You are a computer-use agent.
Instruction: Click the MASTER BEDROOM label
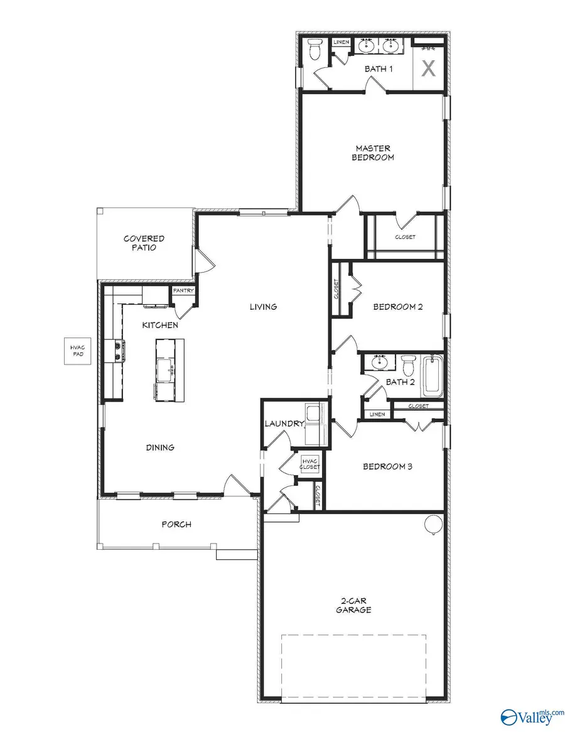(x=372, y=153)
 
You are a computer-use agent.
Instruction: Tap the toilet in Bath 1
(x=315, y=48)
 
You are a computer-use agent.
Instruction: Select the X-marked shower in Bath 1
(x=428, y=68)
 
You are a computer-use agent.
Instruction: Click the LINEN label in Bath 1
(x=341, y=42)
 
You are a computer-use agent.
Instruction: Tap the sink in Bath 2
(x=379, y=363)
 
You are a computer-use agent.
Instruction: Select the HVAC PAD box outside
(x=77, y=351)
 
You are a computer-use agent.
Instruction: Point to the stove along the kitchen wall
(x=117, y=351)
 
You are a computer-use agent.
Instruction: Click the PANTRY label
(x=183, y=290)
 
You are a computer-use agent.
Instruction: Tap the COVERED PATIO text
(x=144, y=243)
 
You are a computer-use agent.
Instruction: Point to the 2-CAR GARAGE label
(x=353, y=605)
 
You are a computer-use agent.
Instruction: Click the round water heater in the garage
(x=434, y=523)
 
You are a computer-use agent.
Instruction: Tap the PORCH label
(x=176, y=524)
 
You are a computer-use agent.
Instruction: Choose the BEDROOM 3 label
(x=387, y=467)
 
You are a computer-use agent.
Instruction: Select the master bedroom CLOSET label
(x=405, y=237)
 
